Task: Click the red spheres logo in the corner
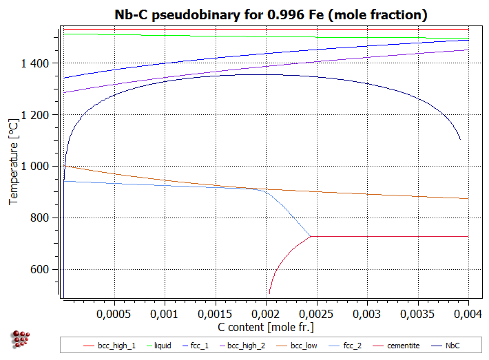pos(21,339)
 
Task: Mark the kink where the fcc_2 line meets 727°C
pos(311,236)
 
